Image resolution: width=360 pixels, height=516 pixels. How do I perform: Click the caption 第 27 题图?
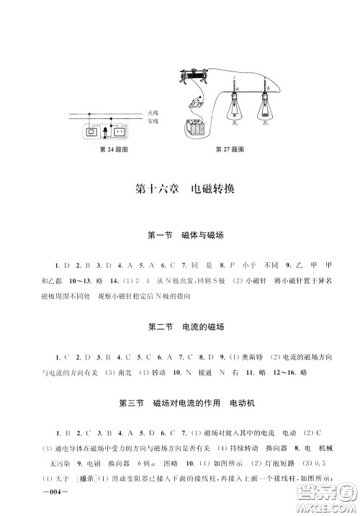point(230,149)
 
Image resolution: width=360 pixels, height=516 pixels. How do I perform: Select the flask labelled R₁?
point(235,111)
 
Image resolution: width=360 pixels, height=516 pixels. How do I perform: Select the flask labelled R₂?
point(266,111)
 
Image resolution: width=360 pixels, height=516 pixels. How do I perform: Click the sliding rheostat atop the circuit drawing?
point(194,74)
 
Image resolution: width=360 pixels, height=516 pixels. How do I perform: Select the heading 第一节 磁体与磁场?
point(180,235)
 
